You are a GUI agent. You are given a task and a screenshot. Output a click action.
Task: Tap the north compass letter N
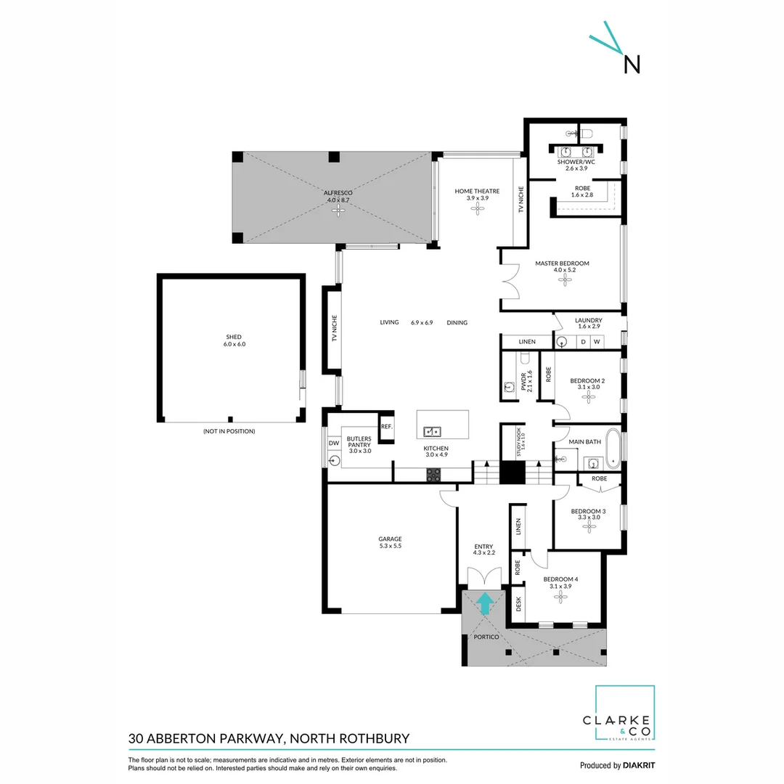pyautogui.click(x=632, y=65)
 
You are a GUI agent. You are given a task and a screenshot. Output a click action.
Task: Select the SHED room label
pyautogui.click(x=234, y=337)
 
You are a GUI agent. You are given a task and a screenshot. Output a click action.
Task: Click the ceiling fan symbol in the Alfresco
pyautogui.click(x=337, y=210)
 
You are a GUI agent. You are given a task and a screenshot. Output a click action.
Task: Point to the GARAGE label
pyautogui.click(x=390, y=539)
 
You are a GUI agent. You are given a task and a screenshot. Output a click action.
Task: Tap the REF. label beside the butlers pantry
pyautogui.click(x=386, y=427)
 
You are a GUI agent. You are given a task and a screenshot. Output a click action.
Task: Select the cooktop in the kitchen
pyautogui.click(x=433, y=475)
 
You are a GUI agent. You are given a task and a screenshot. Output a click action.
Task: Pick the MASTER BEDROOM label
pyautogui.click(x=562, y=264)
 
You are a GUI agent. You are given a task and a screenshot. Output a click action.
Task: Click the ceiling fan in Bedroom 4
pyautogui.click(x=560, y=597)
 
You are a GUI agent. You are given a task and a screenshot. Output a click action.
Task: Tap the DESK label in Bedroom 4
pyautogui.click(x=518, y=604)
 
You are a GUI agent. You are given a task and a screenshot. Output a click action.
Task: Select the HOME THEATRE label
pyautogui.click(x=477, y=191)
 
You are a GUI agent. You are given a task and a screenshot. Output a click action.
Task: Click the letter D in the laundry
pyautogui.click(x=582, y=341)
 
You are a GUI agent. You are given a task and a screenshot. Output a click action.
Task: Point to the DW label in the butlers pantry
pyautogui.click(x=334, y=443)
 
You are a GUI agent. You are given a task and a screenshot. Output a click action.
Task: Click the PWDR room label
pyautogui.click(x=523, y=380)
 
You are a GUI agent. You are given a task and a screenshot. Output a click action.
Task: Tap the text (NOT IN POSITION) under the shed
pyautogui.click(x=229, y=431)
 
